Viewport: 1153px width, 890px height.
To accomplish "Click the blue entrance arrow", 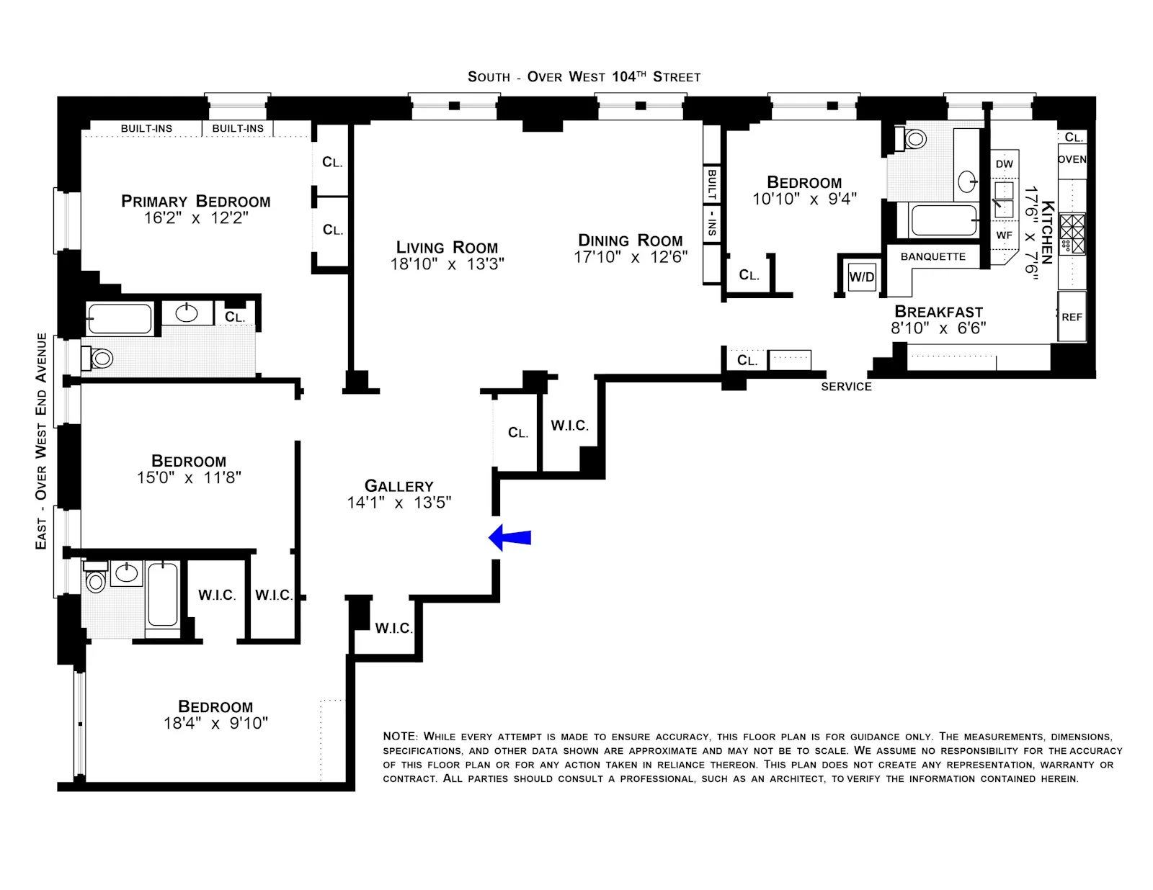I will click(510, 538).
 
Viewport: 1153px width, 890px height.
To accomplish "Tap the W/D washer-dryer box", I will click(862, 277).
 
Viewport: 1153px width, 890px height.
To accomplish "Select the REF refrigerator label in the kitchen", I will click(1072, 317).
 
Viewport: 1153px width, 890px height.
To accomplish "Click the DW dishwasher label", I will click(1004, 164).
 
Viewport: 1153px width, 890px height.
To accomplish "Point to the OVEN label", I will click(1072, 159).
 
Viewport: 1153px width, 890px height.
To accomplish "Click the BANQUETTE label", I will click(932, 256).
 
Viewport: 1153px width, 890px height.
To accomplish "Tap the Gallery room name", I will click(399, 486).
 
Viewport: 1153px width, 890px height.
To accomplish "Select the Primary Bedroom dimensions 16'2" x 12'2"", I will click(196, 218).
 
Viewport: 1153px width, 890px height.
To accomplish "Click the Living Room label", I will click(447, 248).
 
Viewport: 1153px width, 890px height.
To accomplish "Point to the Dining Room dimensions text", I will click(631, 257).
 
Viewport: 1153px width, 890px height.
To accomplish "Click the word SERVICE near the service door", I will click(846, 387).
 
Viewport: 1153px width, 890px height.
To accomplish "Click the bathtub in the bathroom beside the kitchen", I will click(938, 220).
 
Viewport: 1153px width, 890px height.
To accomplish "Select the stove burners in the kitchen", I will click(1072, 234).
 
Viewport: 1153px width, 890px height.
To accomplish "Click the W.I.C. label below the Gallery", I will click(393, 629).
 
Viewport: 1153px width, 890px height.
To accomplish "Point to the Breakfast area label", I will click(938, 312).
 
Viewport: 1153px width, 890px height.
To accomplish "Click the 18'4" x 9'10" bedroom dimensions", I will click(215, 724).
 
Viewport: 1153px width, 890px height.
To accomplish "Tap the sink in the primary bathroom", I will click(187, 313).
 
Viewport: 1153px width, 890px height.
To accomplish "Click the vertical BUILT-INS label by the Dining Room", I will click(711, 202).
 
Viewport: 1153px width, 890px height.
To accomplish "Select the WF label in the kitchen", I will click(1004, 235).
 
